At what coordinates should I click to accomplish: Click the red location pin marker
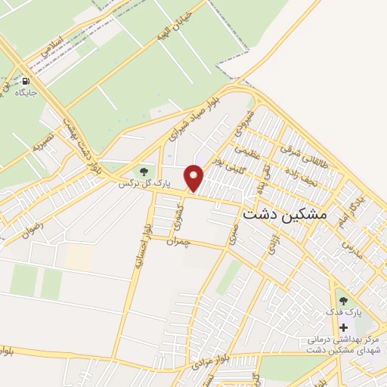point(195,178)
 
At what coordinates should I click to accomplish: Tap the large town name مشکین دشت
point(286,215)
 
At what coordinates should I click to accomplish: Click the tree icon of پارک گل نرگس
point(144,172)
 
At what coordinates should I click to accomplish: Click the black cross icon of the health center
point(345,327)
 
